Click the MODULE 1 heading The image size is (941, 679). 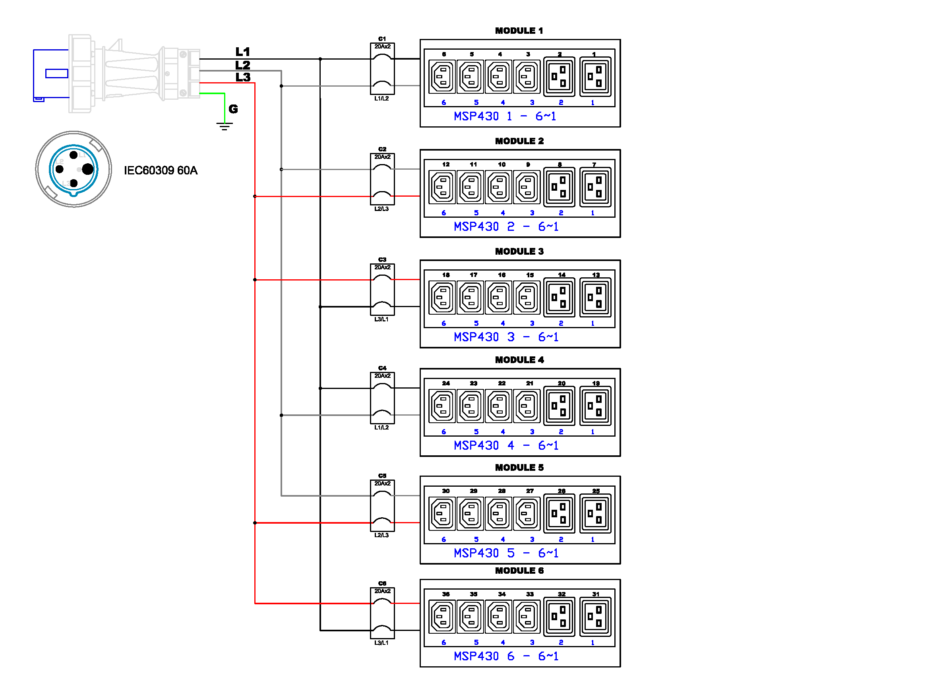[x=519, y=31]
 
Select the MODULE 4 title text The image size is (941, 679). [x=519, y=360]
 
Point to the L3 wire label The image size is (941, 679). [x=243, y=77]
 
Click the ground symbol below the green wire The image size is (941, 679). [x=225, y=126]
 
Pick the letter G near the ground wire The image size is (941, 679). [x=233, y=109]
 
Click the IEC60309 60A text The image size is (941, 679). [x=161, y=170]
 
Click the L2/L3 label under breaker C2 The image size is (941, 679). [x=381, y=209]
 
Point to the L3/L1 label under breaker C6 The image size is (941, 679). [x=381, y=643]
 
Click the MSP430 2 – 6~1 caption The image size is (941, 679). [x=506, y=227]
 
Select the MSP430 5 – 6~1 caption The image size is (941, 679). [x=506, y=553]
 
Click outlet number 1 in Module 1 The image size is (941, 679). [x=595, y=77]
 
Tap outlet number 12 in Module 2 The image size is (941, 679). [x=442, y=187]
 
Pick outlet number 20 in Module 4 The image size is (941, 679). [x=559, y=406]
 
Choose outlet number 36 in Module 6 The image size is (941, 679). [x=442, y=617]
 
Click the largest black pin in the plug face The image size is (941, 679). [x=87, y=169]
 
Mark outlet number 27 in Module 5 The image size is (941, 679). [x=527, y=514]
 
